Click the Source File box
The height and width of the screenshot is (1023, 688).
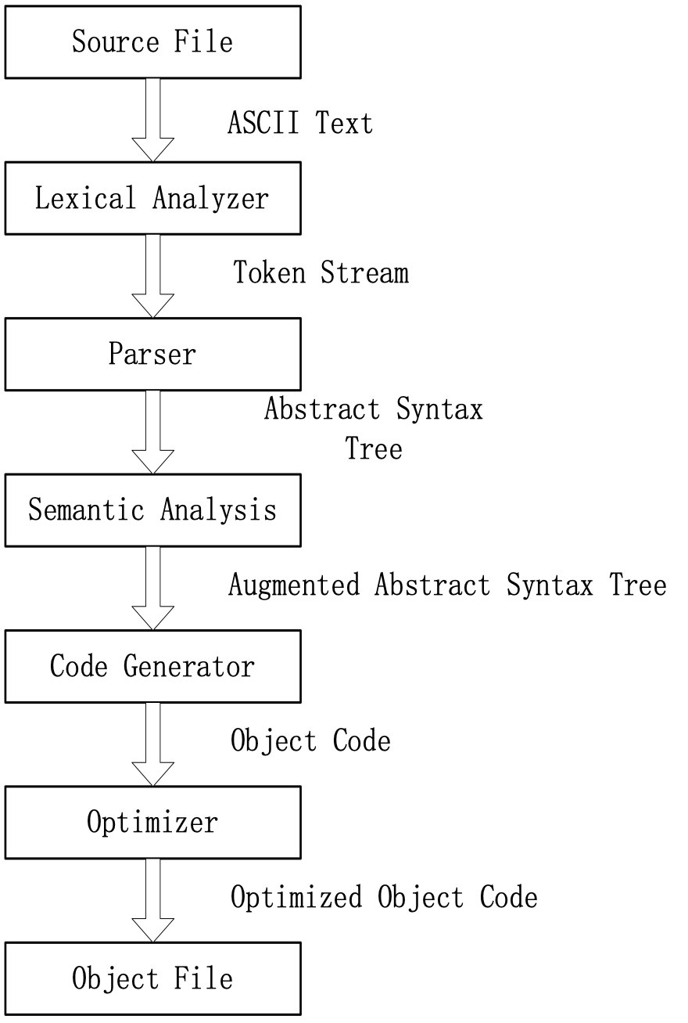click(152, 41)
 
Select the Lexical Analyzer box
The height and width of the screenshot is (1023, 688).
click(152, 198)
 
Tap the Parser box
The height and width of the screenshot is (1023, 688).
click(152, 354)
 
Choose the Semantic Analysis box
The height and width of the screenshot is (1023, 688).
click(152, 510)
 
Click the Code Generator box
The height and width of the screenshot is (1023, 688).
click(152, 666)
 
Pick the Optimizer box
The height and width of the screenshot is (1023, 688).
click(152, 822)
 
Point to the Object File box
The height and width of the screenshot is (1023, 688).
click(152, 978)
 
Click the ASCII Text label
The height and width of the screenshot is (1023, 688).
click(300, 122)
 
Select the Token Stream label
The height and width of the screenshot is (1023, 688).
click(321, 272)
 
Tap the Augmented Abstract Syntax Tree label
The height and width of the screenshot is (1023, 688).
click(447, 585)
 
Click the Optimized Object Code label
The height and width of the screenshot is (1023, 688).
click(384, 897)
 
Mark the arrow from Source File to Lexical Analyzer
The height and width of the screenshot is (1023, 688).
click(152, 119)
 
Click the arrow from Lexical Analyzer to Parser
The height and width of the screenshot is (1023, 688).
click(152, 276)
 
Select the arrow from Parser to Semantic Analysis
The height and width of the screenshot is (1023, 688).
click(152, 431)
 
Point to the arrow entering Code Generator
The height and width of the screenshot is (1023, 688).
click(152, 587)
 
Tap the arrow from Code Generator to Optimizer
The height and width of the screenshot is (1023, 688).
click(152, 744)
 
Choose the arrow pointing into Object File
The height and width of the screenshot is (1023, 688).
click(152, 899)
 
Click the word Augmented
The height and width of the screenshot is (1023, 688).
click(294, 585)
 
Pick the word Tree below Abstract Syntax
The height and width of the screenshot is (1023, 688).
click(374, 449)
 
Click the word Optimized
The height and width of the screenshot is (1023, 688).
click(296, 897)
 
